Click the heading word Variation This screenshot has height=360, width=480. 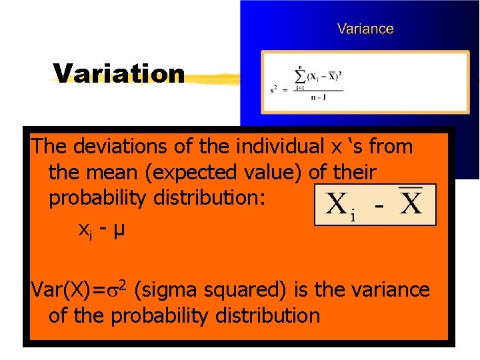pyautogui.click(x=119, y=73)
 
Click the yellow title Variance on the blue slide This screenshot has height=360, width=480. pyautogui.click(x=365, y=29)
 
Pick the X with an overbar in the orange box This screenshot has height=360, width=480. pyautogui.click(x=411, y=202)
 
